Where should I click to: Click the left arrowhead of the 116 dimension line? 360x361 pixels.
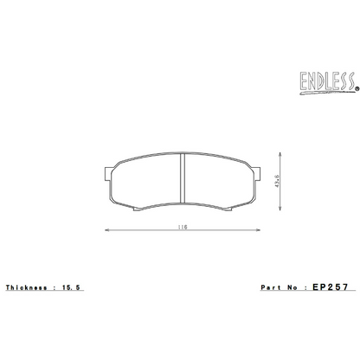pos(107,231)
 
